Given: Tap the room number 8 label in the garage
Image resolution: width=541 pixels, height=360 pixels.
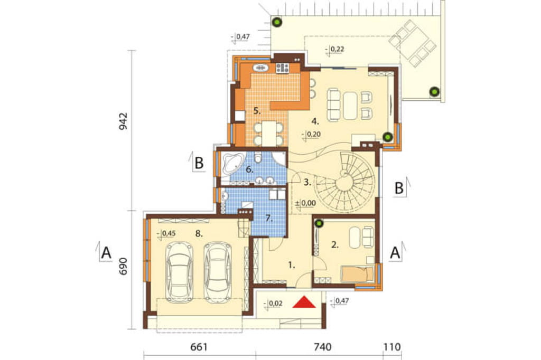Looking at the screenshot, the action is (x=199, y=233).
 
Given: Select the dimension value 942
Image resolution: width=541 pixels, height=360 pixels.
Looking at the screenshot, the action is (x=123, y=121).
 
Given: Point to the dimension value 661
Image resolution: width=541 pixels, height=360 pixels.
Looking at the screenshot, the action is (x=199, y=347).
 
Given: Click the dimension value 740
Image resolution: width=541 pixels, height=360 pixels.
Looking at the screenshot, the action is (x=322, y=347).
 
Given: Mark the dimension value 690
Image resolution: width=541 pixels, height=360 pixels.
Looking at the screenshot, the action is (x=123, y=266).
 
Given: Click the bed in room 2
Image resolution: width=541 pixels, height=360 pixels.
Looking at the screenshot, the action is (x=358, y=274).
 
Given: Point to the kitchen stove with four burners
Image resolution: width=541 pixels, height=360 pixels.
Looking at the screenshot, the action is (x=282, y=68).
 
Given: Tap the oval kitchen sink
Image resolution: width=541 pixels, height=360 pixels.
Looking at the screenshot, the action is (x=260, y=68).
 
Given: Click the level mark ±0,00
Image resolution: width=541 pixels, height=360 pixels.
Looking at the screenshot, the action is (x=305, y=203).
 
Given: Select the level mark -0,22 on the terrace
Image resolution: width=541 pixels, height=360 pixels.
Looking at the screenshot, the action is (x=334, y=50).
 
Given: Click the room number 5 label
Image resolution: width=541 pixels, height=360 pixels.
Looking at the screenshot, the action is (x=257, y=111).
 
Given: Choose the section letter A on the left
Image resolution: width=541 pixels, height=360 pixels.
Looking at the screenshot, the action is (x=106, y=253).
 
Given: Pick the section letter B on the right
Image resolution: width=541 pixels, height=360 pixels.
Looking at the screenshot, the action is (x=399, y=188).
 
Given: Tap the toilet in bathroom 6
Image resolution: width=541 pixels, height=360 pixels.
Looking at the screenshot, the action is (x=257, y=158).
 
